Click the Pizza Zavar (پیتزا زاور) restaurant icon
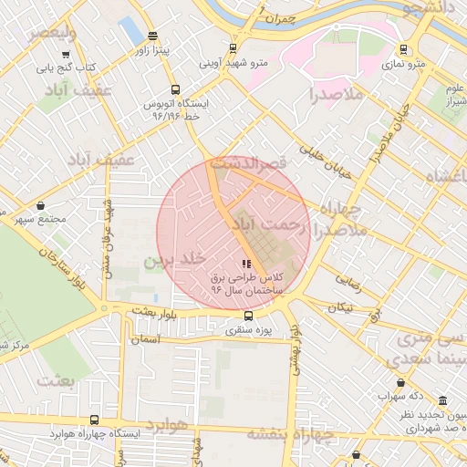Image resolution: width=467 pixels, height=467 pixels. (x=150, y=37)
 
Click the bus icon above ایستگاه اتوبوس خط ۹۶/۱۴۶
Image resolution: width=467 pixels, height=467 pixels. (x=150, y=89)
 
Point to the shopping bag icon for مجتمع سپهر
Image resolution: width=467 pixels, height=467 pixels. (x=41, y=207)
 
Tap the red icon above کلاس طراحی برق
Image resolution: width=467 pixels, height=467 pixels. (x=247, y=264)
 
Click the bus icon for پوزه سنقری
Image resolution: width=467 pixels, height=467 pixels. (x=235, y=316)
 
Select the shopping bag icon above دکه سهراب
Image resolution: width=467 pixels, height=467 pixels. (x=401, y=382)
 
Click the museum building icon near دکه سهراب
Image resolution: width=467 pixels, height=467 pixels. (x=443, y=402)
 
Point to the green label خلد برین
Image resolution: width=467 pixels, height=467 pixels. (x=167, y=260)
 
